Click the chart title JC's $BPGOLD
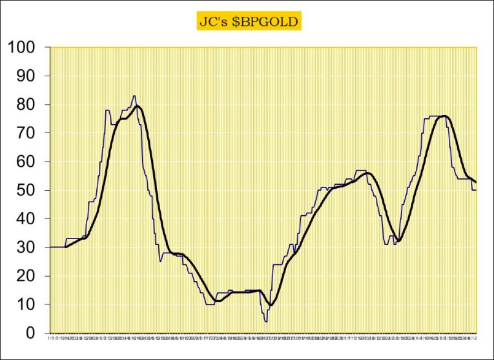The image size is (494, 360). pos(248,21)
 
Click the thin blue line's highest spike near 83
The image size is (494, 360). pos(134,96)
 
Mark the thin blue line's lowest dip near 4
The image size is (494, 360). pos(265,321)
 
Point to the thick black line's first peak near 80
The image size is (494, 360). pos(137,105)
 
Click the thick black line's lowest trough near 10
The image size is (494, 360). pos(272,305)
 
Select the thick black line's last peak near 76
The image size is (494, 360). pos(444,116)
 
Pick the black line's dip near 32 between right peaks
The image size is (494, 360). pos(399,241)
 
